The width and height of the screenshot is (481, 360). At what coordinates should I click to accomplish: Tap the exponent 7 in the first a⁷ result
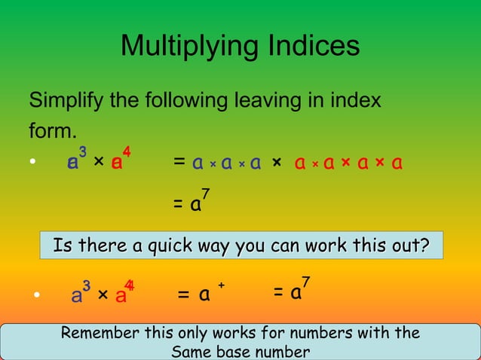tap(205, 195)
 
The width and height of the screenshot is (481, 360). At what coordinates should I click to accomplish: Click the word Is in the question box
tap(62, 246)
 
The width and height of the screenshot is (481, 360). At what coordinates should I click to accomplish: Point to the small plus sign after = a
tap(222, 285)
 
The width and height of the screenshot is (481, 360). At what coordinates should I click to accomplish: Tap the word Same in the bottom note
tap(191, 351)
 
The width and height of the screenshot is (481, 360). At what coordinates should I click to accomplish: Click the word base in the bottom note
tap(234, 351)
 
